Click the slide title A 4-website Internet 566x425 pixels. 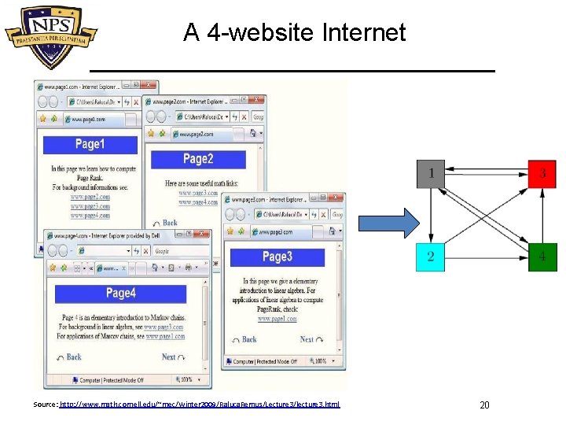294,32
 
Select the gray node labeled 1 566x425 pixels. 432,172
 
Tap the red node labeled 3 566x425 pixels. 542,172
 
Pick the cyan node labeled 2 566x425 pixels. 431,257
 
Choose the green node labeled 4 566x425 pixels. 542,257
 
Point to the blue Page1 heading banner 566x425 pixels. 90,144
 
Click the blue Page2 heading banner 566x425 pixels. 198,159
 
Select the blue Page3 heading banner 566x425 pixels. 277,257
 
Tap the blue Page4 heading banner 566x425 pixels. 120,294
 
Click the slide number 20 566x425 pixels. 484,405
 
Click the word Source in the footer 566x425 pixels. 45,405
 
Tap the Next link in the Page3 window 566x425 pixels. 307,339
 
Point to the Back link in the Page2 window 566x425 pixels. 170,223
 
